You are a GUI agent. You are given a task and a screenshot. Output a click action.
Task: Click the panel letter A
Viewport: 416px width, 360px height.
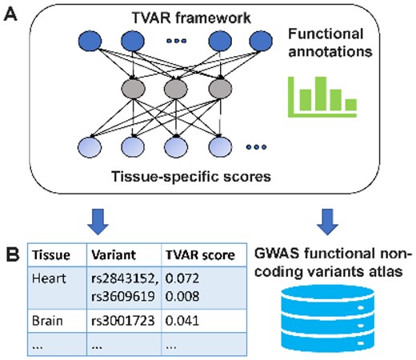coord(12,14)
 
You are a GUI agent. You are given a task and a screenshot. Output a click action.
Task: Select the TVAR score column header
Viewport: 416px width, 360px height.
coord(200,255)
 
